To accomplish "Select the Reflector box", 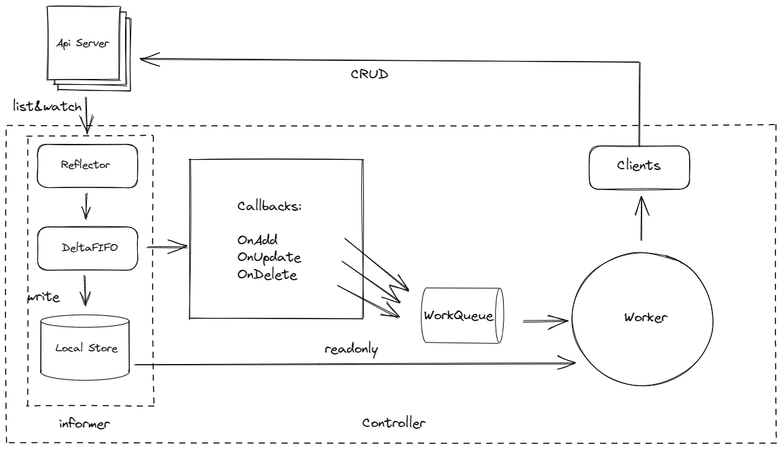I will pos(86,165).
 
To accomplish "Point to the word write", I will pos(42,295).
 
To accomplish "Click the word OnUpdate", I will pos(264,257).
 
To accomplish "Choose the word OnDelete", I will pos(266,274).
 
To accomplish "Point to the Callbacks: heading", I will pos(268,207).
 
